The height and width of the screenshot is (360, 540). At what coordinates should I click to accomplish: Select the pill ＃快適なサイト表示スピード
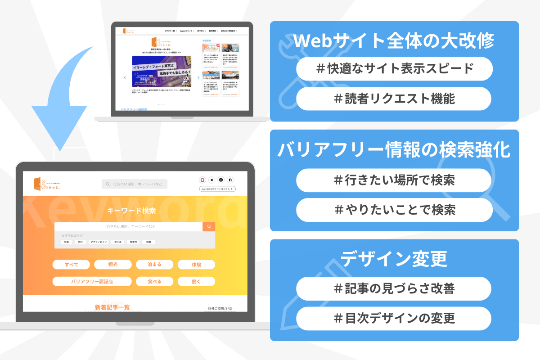pos(394,69)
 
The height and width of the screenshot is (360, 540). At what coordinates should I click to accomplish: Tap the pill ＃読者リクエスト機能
pos(394,99)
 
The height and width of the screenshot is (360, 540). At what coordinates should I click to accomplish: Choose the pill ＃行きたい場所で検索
pos(394,180)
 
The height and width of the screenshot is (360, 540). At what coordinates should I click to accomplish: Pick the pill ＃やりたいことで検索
pos(394,210)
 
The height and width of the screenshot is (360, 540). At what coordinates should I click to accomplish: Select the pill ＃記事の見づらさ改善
pos(394,288)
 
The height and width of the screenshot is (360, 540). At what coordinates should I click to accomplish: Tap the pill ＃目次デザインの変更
pos(394,318)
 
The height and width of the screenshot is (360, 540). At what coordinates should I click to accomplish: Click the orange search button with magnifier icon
pos(209,226)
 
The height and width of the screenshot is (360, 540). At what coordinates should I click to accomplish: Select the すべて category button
pos(71,265)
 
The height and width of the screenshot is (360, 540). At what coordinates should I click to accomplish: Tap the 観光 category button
pos(112,265)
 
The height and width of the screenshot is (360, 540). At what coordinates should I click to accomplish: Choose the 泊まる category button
pos(154,265)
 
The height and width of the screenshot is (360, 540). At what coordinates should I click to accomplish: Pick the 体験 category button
pos(196,265)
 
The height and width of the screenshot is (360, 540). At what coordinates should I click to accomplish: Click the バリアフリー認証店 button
pos(92,282)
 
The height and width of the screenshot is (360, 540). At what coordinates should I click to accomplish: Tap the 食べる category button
pos(154,282)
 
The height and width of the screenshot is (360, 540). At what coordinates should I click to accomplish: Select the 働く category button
pos(196,282)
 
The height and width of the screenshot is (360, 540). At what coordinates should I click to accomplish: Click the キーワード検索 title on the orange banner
pos(132,211)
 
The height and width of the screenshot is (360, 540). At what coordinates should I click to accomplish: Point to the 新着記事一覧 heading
pos(112,307)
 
